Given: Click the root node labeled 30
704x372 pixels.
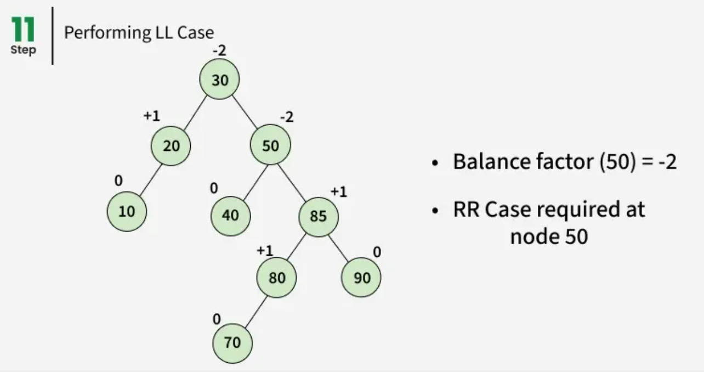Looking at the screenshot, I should tap(219, 80).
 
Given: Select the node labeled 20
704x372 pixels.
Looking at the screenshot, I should tap(171, 145).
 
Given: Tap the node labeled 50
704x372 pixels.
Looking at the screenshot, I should tap(270, 145).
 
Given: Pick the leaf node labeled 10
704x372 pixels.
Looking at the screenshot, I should tap(127, 211).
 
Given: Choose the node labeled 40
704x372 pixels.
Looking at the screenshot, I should tap(230, 216).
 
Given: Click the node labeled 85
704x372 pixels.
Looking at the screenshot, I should tap(318, 216).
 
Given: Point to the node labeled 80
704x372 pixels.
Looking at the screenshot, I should tap(277, 278).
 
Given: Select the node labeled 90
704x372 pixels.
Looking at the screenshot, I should tap(361, 278).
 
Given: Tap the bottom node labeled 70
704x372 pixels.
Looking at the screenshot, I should tap(232, 342).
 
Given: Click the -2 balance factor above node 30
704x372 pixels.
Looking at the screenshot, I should tap(219, 51).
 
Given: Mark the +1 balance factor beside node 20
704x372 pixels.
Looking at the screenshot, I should tap(151, 116).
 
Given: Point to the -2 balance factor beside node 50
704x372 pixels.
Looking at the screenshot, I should tap(286, 117).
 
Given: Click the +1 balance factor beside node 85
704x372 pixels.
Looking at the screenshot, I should tap(338, 192).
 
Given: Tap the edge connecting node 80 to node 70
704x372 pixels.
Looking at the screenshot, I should tap(254, 311).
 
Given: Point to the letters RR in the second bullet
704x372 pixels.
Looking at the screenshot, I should tap(465, 209).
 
